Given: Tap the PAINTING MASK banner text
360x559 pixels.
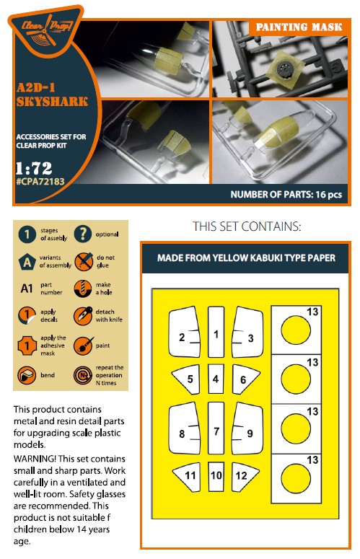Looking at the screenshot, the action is click(299, 27).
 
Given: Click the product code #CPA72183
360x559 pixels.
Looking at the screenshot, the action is click(40, 182).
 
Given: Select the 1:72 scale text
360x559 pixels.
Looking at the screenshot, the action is click(34, 168).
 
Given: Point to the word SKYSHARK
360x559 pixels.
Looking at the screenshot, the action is click(52, 102).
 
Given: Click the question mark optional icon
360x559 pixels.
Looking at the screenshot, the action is click(83, 234).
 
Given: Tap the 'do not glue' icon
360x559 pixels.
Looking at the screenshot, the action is click(84, 261).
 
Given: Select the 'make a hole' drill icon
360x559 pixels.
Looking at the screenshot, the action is click(83, 289).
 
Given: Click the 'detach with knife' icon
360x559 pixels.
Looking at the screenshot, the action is click(83, 315).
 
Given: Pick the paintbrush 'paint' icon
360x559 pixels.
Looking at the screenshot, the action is click(83, 345).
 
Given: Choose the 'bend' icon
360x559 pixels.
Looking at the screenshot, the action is click(27, 375).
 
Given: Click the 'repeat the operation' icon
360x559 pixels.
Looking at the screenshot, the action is click(83, 375).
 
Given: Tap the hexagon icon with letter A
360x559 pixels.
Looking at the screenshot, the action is click(27, 262).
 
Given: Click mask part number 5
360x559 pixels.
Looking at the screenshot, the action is click(186, 379).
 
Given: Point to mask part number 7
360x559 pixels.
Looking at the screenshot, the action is click(216, 428).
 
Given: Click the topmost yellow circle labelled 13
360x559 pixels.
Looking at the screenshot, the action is click(296, 330).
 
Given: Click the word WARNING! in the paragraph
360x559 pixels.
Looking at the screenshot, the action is click(35, 459).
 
